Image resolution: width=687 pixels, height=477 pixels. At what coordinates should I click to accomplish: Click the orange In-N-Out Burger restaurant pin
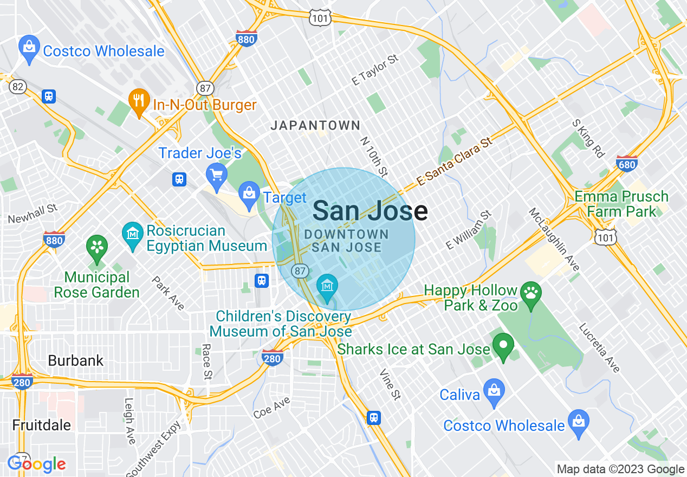click(x=139, y=101)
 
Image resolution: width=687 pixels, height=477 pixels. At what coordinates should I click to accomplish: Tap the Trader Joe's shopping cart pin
click(x=217, y=175)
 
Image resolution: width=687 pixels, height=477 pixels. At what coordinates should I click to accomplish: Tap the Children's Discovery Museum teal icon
click(x=327, y=286)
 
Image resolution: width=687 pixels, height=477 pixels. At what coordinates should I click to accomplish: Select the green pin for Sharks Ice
click(x=503, y=345)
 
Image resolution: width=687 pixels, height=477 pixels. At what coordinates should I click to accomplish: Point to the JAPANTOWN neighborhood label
click(x=315, y=126)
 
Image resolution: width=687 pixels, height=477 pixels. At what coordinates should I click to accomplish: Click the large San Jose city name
click(x=370, y=211)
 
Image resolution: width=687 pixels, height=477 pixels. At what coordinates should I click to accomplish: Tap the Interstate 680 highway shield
click(x=627, y=163)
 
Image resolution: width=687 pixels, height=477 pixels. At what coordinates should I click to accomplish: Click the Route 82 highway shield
click(x=17, y=87)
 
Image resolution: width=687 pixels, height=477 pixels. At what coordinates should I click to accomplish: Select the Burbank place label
click(x=75, y=360)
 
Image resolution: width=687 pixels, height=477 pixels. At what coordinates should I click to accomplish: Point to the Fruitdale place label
click(x=42, y=425)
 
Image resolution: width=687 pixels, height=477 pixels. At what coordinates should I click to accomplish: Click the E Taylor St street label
click(x=375, y=70)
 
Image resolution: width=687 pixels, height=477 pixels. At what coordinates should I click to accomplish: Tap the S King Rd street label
click(x=588, y=139)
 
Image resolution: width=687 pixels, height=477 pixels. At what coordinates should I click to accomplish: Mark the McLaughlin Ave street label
click(x=555, y=239)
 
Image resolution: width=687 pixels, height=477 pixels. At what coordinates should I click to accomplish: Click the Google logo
click(x=36, y=464)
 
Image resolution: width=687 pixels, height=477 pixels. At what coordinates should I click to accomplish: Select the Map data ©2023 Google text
click(x=620, y=469)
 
